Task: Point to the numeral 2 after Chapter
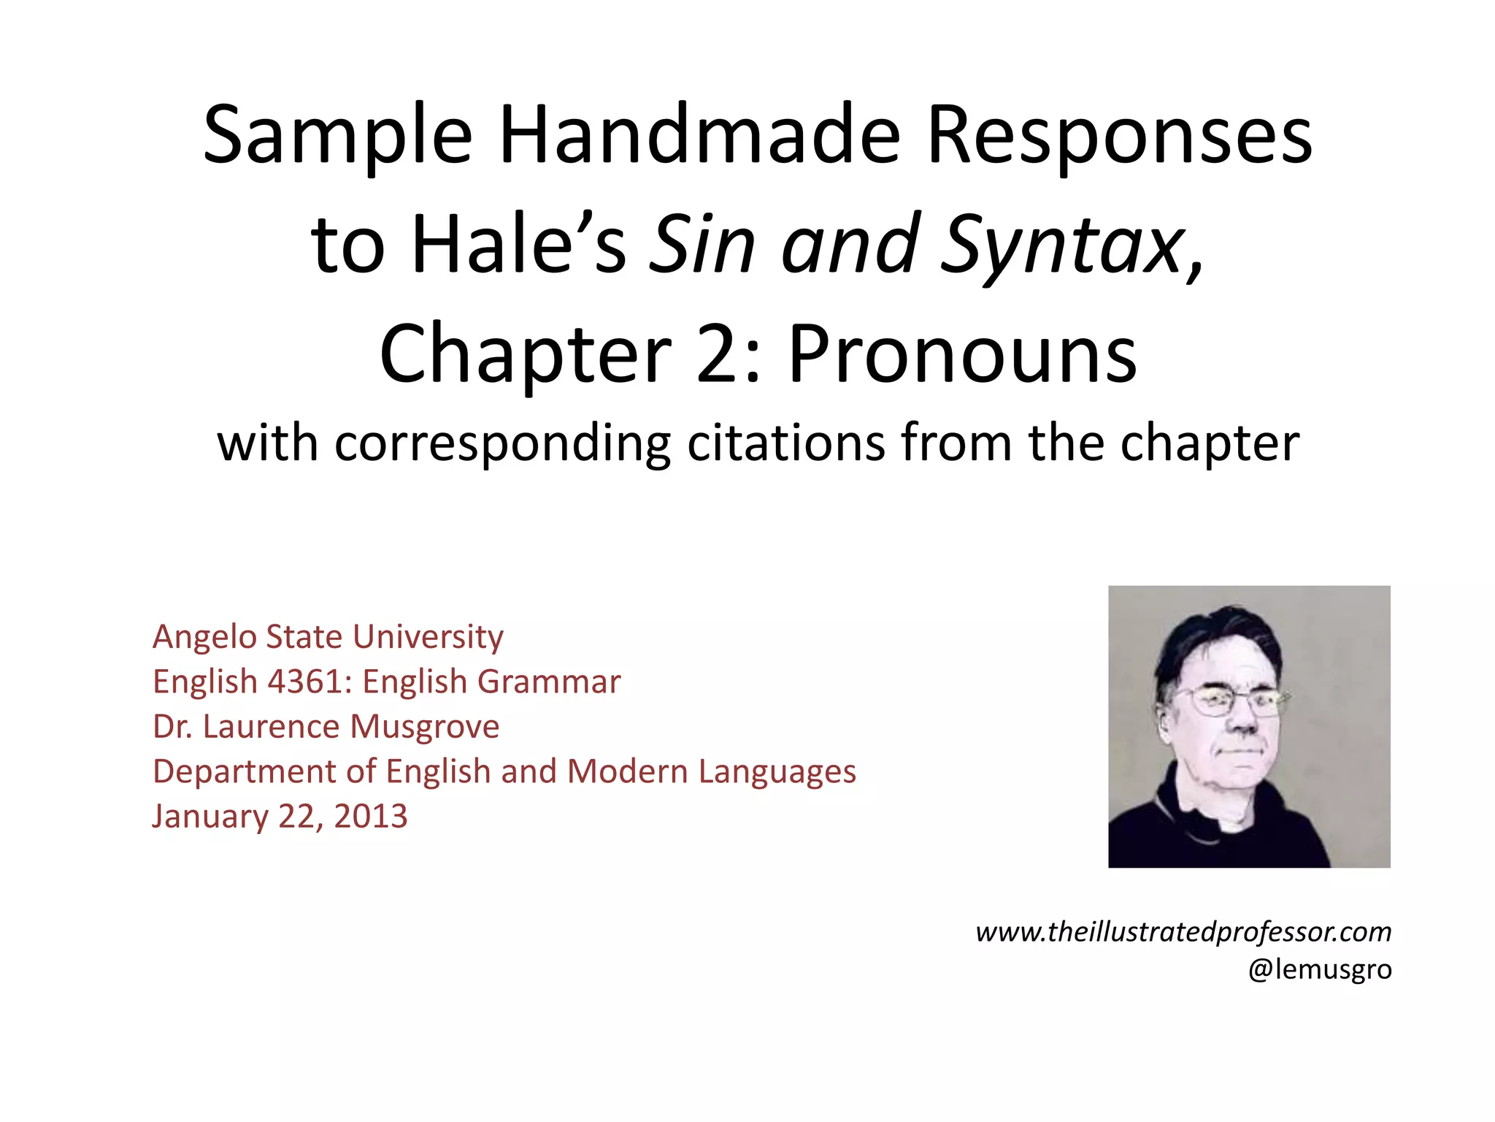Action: pos(720,354)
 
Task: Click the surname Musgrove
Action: pos(424,727)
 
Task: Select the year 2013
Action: pos(370,816)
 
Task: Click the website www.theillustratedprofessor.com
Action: pos(1183,932)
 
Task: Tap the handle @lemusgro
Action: pos(1320,969)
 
